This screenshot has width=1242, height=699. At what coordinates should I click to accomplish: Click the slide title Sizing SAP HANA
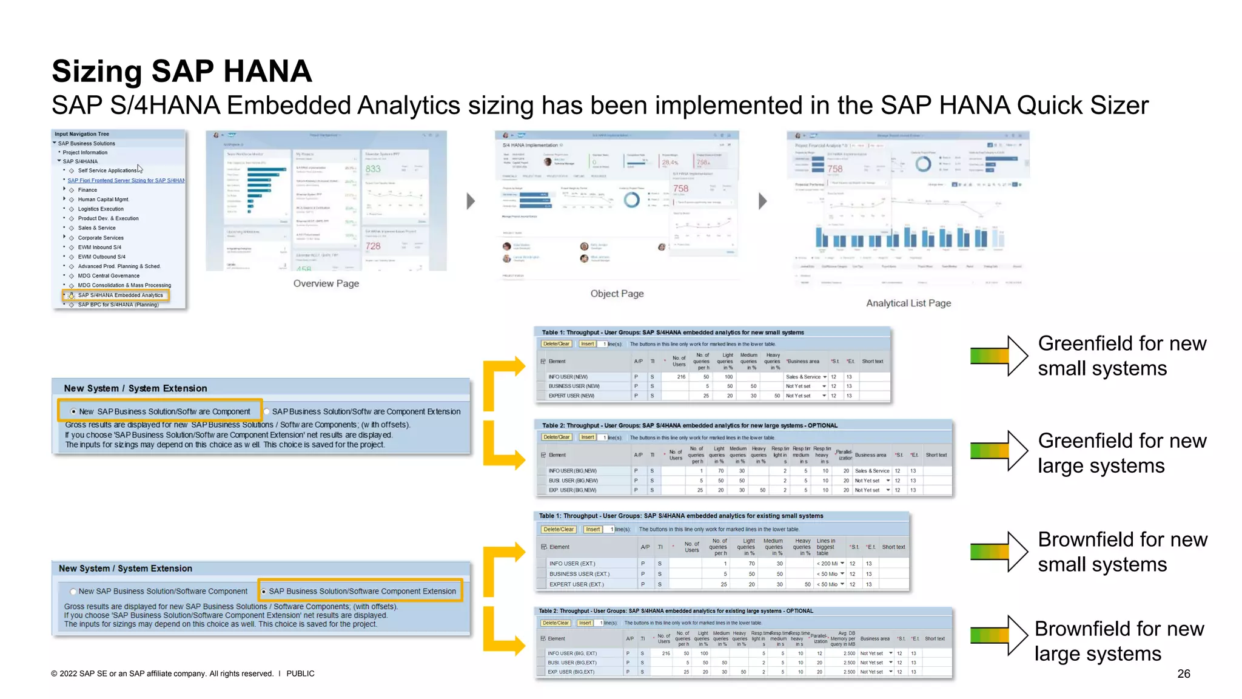(x=181, y=72)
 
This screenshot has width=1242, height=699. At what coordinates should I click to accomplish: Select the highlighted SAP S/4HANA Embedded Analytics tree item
(x=120, y=295)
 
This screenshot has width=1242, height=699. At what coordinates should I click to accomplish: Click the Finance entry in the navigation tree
(x=87, y=190)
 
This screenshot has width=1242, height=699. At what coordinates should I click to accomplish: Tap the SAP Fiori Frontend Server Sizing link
(x=126, y=181)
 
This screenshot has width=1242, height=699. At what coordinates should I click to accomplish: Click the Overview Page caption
(x=326, y=283)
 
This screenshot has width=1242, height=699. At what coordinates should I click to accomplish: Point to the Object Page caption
(x=617, y=294)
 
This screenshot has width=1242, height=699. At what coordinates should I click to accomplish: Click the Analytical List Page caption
(x=908, y=303)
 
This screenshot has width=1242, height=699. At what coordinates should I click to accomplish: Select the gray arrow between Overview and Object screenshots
(x=471, y=201)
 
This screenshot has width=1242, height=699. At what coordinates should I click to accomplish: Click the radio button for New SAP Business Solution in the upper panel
(x=73, y=411)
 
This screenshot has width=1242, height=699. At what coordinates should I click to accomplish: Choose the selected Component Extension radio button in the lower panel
(x=263, y=592)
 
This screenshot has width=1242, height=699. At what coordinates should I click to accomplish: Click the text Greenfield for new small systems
(x=1121, y=356)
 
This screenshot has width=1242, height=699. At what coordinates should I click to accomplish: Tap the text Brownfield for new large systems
(x=1118, y=641)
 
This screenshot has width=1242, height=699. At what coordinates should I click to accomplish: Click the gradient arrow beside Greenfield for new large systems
(x=998, y=450)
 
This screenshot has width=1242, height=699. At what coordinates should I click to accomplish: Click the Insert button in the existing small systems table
(x=592, y=529)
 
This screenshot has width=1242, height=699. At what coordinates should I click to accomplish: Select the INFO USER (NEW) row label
(x=568, y=377)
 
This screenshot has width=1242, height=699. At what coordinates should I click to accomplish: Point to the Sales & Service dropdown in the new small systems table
(x=806, y=377)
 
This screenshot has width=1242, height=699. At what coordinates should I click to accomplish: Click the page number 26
(x=1183, y=674)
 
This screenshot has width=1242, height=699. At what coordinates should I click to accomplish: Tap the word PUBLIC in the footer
(x=300, y=674)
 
